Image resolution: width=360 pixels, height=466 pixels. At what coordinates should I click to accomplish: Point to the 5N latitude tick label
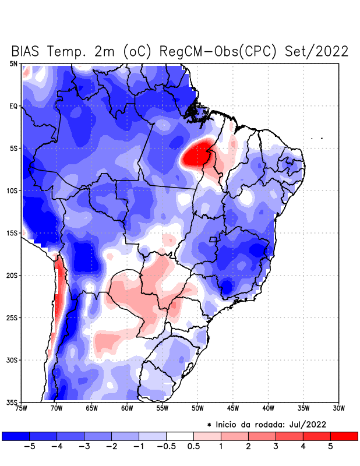13,64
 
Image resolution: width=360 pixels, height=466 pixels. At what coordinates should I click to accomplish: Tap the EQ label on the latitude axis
13,107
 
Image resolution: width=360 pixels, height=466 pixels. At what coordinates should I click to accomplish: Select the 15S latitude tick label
12,233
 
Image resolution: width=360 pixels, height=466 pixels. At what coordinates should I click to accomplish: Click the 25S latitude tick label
12,318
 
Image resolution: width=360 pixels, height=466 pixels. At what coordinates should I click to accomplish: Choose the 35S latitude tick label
12,402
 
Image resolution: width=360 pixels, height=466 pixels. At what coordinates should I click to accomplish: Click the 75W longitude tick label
21,408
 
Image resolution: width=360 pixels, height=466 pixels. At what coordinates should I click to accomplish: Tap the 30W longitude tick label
338,408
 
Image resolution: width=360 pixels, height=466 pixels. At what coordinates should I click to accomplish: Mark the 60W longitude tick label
126,408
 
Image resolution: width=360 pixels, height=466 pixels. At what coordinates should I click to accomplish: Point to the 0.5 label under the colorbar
194,447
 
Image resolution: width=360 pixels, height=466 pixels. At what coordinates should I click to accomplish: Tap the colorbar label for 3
276,447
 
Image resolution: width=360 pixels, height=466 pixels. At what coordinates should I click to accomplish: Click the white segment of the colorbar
180,436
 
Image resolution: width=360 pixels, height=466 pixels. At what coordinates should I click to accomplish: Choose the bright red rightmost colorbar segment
344,436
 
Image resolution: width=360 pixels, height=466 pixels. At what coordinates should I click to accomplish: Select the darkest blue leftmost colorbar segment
16,436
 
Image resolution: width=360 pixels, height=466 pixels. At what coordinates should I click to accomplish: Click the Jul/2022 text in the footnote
305,424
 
